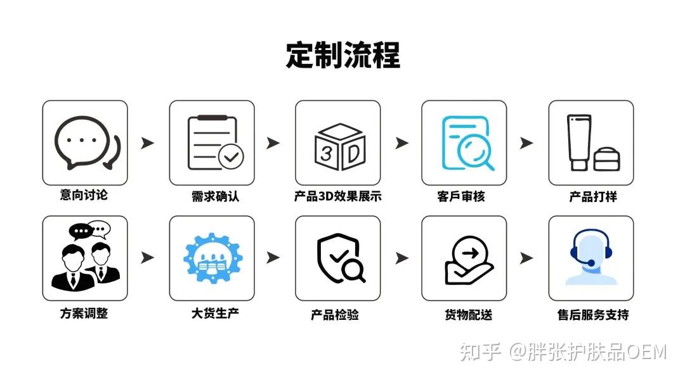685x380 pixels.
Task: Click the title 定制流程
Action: pyautogui.click(x=342, y=55)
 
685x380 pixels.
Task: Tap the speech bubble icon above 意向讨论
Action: pyautogui.click(x=85, y=143)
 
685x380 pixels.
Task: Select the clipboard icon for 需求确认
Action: pyautogui.click(x=212, y=143)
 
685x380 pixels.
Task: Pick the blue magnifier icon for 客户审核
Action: pyautogui.click(x=466, y=143)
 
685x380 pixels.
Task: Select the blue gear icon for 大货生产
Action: pyautogui.click(x=212, y=258)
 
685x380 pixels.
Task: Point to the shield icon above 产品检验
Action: pyautogui.click(x=339, y=258)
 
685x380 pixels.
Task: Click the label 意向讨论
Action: pyautogui.click(x=84, y=195)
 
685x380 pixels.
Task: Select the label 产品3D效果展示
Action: pyautogui.click(x=337, y=196)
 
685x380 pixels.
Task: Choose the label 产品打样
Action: pyautogui.click(x=592, y=196)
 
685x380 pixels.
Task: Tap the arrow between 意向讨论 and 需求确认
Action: pyautogui.click(x=148, y=143)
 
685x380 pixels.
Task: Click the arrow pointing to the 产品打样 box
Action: pyautogui.click(x=526, y=143)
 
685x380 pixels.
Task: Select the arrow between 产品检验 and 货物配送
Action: pyautogui.click(x=401, y=258)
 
